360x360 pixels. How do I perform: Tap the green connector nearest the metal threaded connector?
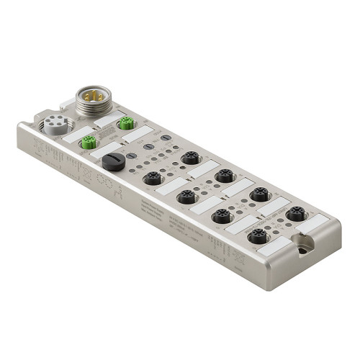coord(127,123)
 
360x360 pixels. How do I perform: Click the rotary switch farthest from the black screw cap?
coord(165,138)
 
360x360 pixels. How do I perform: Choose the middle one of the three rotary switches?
coord(148,145)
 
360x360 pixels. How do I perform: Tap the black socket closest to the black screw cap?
coord(152,178)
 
